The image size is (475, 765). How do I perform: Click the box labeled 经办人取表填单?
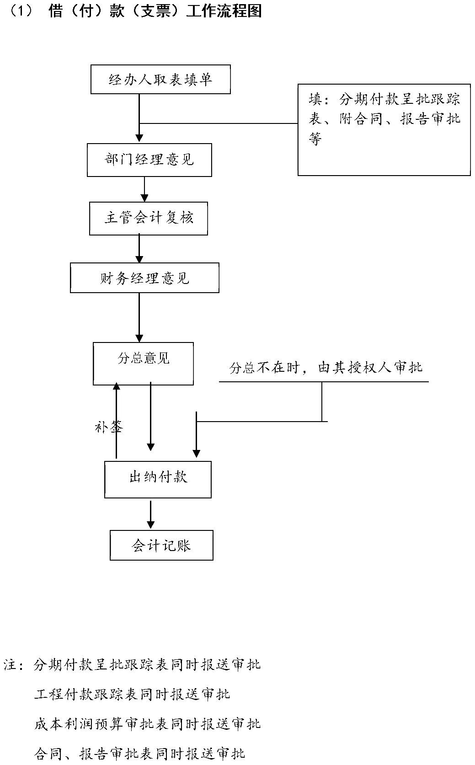(160, 80)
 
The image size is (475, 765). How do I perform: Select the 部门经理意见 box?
(149, 160)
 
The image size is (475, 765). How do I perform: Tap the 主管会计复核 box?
(148, 219)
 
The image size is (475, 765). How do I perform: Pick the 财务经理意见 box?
(144, 278)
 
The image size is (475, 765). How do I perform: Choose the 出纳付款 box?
(158, 479)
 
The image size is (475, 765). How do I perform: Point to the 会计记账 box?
(161, 546)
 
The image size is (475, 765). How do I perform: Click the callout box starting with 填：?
(384, 129)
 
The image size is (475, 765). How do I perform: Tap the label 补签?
(108, 427)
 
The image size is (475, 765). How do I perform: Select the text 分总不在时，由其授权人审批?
(326, 367)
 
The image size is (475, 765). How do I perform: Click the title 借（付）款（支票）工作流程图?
(155, 11)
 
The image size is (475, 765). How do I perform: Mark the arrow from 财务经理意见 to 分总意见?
(139, 317)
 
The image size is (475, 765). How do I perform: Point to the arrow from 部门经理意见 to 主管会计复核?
(144, 189)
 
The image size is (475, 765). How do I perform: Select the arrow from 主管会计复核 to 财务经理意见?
(139, 249)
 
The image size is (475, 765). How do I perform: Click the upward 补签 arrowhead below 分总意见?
(117, 387)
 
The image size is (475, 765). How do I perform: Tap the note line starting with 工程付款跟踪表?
(132, 695)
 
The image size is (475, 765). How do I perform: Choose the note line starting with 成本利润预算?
(147, 723)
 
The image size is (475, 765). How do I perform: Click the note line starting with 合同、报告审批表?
(140, 753)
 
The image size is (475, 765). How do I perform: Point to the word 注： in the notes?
(14, 665)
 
